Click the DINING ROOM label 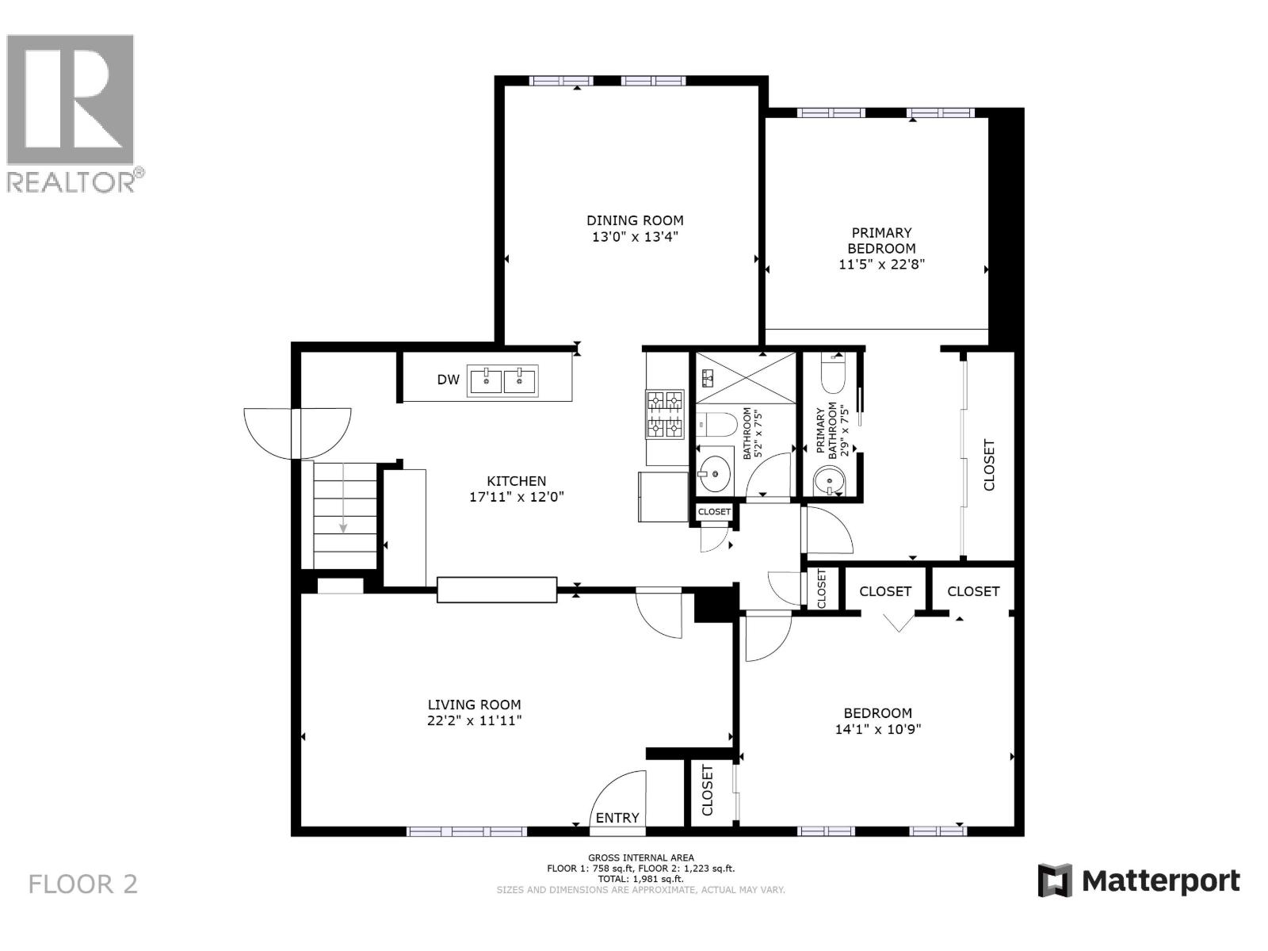click(x=635, y=220)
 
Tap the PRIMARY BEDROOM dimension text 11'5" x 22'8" click(x=881, y=264)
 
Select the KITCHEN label click(x=516, y=481)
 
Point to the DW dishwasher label click(x=448, y=380)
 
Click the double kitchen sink click(x=502, y=380)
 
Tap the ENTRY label click(x=617, y=818)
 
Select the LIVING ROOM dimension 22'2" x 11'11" click(x=474, y=720)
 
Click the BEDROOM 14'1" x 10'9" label click(x=877, y=720)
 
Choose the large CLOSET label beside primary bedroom click(x=988, y=465)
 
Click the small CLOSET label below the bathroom click(x=714, y=512)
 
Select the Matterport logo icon click(x=1055, y=880)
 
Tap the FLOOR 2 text click(x=83, y=884)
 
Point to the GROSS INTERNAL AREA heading click(x=640, y=857)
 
